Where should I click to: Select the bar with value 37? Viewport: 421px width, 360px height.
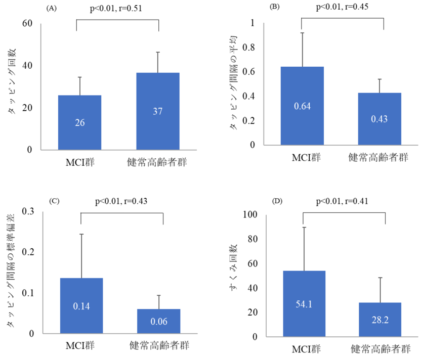[x=157, y=111]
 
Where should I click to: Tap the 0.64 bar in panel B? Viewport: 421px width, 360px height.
[x=302, y=106]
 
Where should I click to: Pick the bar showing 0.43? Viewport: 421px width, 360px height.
[x=380, y=119]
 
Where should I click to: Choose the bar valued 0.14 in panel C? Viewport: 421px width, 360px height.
[x=81, y=305]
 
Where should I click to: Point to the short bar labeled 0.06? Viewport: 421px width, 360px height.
[x=158, y=321]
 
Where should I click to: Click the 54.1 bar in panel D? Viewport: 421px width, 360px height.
[x=304, y=303]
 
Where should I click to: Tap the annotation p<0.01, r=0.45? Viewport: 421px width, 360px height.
[x=342, y=7]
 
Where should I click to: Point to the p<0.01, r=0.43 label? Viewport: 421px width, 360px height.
[x=121, y=201]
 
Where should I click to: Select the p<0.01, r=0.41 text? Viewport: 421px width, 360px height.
[x=342, y=201]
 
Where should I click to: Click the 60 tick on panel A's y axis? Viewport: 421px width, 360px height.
[x=27, y=23]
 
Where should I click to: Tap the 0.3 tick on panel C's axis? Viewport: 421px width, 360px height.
[x=28, y=211]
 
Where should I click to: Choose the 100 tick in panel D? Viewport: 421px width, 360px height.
[x=251, y=215]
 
